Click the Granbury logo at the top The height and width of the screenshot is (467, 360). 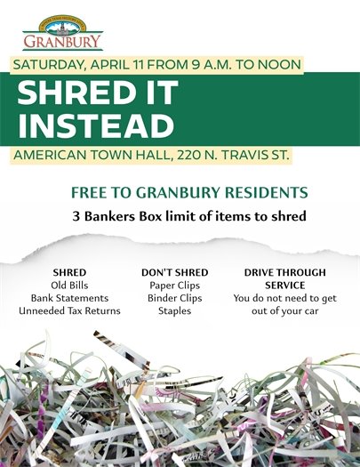62,33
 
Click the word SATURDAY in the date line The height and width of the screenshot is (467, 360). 51,65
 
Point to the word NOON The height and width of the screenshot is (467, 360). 278,65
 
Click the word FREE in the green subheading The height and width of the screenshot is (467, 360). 91,193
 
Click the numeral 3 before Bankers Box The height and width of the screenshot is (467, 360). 77,216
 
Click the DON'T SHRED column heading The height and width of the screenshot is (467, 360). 174,271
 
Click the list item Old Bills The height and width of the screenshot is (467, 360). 69,285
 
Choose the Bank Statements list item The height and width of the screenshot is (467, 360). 69,298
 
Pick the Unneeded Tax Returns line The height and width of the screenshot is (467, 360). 69,311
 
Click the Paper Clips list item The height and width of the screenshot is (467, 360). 174,285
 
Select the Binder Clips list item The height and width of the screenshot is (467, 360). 174,298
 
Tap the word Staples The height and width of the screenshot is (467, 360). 174,311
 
